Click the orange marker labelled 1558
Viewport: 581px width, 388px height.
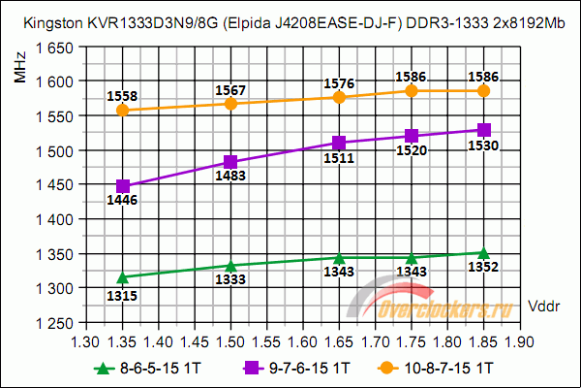122,110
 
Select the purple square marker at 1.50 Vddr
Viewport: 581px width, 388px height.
230,162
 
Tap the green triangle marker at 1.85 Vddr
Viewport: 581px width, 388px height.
484,253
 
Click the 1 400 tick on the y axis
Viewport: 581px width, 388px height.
55,219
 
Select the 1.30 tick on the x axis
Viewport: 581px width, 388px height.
86,341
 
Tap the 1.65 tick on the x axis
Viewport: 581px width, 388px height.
339,341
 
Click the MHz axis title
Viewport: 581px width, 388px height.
20,70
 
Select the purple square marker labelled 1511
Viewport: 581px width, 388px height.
339,144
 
